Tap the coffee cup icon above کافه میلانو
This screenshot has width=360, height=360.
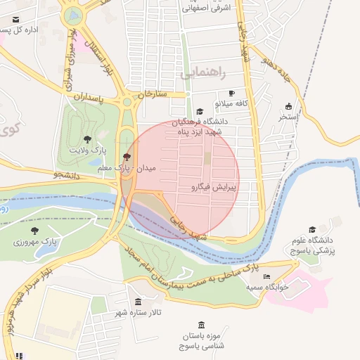[231, 94]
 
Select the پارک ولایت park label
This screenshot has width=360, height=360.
[87, 150]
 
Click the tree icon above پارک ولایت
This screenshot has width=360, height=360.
[87, 140]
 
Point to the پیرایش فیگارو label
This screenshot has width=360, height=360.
[214, 188]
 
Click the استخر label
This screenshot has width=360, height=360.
[288, 116]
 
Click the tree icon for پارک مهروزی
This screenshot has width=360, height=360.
[34, 230]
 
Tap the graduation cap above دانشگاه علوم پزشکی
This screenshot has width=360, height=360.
[313, 229]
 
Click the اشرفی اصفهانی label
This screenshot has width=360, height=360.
[205, 8]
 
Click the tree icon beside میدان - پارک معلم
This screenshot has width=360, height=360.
[127, 157]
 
